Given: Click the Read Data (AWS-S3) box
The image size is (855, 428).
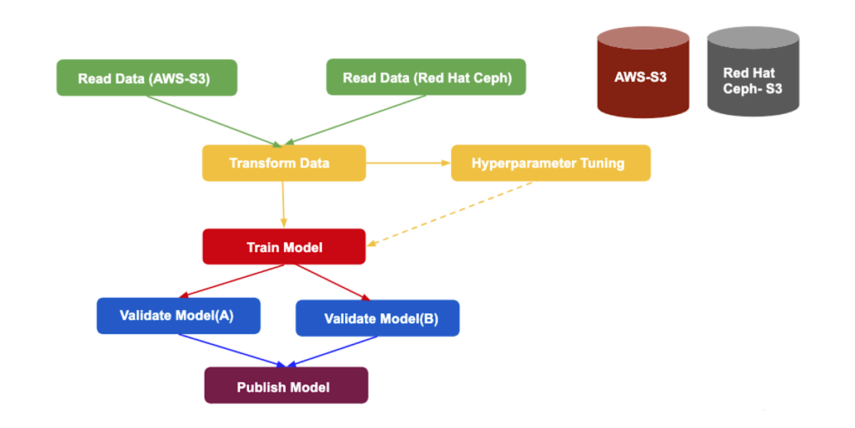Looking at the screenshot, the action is pos(147,78).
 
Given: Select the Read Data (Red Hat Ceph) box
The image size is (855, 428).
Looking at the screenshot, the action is pos(426,77).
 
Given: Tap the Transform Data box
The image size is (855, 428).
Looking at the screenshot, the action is pos(284,163).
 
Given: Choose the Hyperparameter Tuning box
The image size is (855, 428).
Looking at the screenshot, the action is pos(551,163).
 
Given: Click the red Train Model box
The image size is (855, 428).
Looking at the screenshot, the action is pos(284,247).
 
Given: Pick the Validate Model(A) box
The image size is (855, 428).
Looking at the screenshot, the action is pos(179,316).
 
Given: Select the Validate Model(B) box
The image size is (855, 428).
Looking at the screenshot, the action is pos(378,318).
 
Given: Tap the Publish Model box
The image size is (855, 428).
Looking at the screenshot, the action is pos(286,385).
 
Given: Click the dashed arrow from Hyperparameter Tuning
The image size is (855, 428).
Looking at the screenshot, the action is pos(450,214).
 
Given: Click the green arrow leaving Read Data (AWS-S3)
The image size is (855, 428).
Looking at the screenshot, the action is pos(214,121).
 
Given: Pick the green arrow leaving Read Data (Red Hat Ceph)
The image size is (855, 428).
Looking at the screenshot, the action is pos(355,120).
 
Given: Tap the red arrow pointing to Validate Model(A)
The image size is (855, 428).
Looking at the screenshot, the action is pos(232,281).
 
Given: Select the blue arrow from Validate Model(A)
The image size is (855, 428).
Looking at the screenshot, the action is pos(233,350).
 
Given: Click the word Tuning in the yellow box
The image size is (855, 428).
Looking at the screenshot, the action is pos(602,164).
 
